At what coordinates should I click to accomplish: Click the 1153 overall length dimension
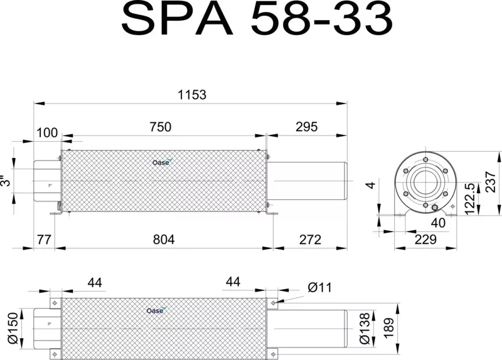[192, 95]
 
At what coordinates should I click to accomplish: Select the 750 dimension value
[161, 127]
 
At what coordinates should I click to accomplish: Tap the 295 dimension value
[306, 127]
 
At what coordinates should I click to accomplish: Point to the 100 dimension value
[47, 132]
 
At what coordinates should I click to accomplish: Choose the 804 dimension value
[164, 240]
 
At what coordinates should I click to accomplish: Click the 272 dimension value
[310, 240]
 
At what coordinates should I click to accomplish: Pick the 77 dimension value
[44, 240]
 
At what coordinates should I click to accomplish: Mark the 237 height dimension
[491, 182]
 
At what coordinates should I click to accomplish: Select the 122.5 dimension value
[469, 199]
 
